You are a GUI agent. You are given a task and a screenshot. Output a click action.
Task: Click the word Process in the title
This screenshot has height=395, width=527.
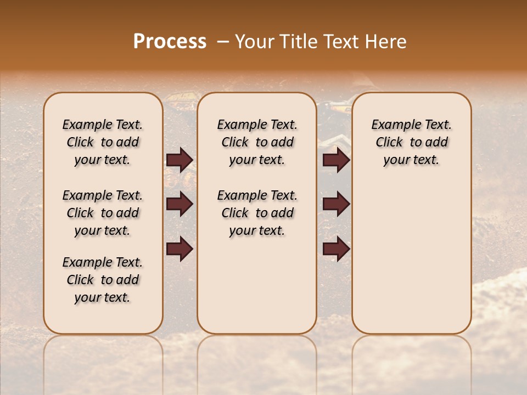click(170, 42)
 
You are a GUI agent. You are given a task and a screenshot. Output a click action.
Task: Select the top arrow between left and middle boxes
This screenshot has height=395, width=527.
click(180, 160)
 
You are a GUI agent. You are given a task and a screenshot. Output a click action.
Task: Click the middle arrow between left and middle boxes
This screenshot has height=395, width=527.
click(180, 205)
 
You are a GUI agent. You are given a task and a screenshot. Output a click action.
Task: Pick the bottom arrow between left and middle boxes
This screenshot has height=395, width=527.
click(180, 249)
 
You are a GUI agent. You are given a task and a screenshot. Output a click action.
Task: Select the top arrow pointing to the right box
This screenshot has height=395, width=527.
click(336, 160)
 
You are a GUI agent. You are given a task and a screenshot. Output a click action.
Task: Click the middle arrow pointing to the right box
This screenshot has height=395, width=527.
click(336, 205)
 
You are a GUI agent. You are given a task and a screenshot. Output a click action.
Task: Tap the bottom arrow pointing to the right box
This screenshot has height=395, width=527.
click(336, 249)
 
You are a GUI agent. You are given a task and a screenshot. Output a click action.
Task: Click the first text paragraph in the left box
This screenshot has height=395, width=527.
click(103, 142)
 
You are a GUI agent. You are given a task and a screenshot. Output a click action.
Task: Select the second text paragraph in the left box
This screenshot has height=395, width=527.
click(103, 213)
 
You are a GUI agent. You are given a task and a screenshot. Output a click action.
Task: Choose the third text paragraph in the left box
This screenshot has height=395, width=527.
click(103, 280)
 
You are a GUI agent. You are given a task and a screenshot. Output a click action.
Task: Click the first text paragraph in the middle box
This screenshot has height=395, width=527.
click(257, 142)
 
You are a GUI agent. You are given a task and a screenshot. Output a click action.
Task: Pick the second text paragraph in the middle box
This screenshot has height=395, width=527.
click(257, 213)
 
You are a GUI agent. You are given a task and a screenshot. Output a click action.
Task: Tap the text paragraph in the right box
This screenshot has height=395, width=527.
click(411, 142)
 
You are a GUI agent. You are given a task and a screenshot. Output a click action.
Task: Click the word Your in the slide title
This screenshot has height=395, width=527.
click(255, 42)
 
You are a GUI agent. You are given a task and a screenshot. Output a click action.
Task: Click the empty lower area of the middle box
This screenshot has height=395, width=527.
click(257, 285)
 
